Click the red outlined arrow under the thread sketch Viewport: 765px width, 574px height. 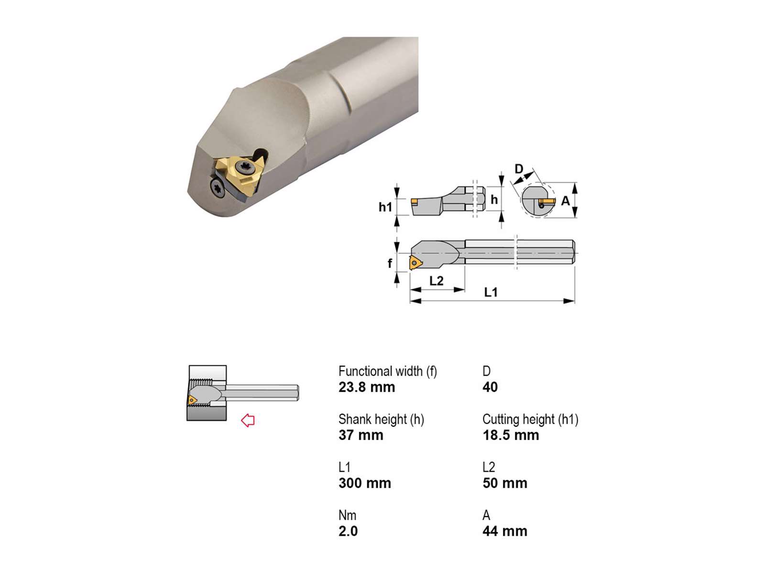(248, 420)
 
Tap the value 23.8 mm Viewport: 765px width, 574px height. (367, 387)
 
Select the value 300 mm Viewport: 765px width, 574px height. (364, 483)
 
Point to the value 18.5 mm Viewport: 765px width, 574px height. (511, 435)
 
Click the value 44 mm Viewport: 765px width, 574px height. (504, 531)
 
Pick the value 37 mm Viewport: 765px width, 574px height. (361, 435)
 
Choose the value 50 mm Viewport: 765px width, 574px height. (504, 483)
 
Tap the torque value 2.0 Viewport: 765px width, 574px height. (348, 531)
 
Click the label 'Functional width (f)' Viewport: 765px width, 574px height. (388, 372)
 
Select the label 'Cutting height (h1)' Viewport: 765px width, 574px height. (530, 419)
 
